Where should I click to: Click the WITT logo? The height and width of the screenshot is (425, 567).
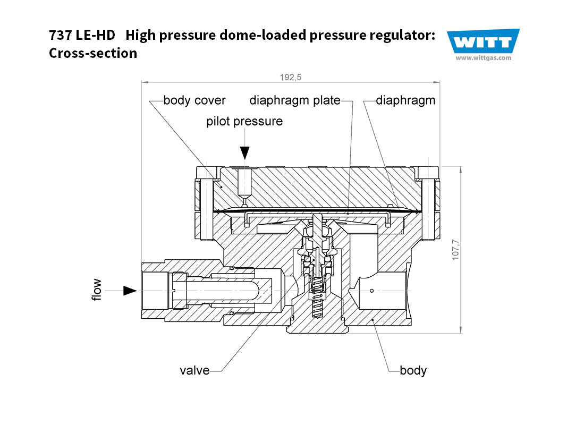click(483, 41)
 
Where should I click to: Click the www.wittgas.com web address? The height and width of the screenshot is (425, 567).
click(483, 58)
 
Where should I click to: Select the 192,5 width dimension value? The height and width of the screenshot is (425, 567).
click(291, 77)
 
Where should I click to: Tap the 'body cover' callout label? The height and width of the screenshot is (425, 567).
click(194, 100)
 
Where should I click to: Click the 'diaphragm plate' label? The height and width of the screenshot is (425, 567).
click(294, 100)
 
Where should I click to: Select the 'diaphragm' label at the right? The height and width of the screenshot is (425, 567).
click(405, 100)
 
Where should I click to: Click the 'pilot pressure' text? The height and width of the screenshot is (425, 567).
click(244, 121)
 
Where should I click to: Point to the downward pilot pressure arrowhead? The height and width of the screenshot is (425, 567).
click(244, 154)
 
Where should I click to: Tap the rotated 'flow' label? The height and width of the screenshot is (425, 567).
click(97, 290)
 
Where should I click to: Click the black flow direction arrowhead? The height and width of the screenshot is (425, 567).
click(130, 291)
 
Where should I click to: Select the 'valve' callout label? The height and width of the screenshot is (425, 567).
click(194, 370)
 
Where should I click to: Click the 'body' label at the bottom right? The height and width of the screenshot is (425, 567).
click(413, 370)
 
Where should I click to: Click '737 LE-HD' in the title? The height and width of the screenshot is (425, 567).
click(82, 36)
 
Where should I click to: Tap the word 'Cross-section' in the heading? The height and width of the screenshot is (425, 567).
click(93, 53)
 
